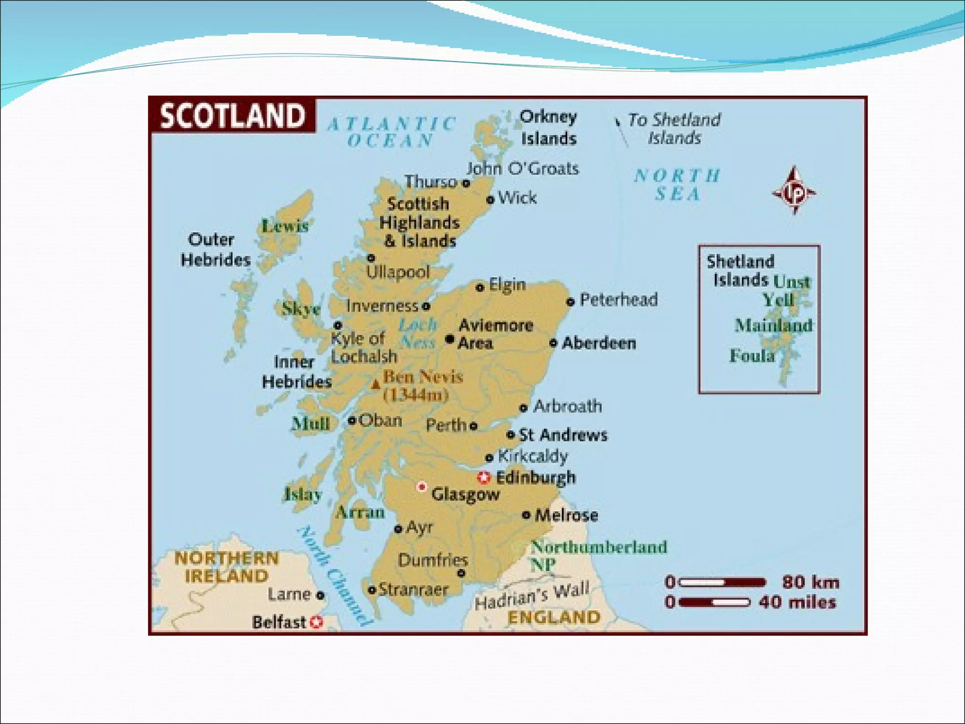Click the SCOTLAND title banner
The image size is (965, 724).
click(x=232, y=115)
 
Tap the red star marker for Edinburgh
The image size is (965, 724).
click(x=483, y=477)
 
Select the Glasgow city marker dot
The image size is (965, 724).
click(x=422, y=486)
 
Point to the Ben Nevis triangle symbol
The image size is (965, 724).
click(x=376, y=385)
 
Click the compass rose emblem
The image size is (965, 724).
click(x=794, y=191)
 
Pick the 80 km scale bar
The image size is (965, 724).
click(x=723, y=583)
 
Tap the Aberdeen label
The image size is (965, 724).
click(x=599, y=343)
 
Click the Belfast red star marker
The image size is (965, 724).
click(x=317, y=622)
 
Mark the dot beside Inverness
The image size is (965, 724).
click(x=426, y=306)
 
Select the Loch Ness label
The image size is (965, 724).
click(x=417, y=333)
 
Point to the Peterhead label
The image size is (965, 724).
click(x=618, y=300)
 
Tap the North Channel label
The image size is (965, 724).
click(x=333, y=575)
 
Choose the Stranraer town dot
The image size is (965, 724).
click(x=372, y=590)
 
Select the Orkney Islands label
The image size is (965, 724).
click(x=548, y=128)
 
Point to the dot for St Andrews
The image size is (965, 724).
click(x=510, y=434)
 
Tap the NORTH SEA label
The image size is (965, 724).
click(x=677, y=185)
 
